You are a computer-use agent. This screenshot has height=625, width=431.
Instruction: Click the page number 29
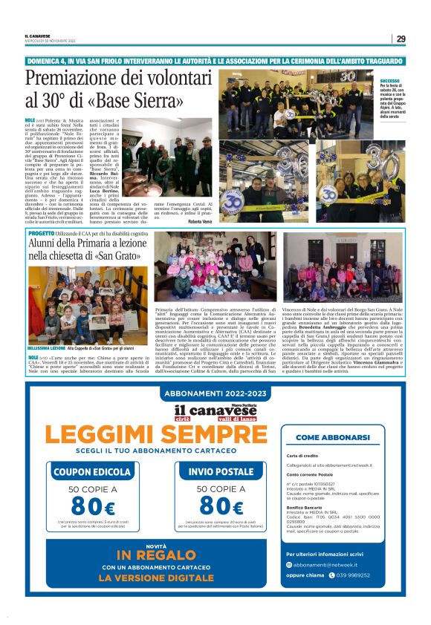point(401,39)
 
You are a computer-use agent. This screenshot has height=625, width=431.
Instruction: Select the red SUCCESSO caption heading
point(389,80)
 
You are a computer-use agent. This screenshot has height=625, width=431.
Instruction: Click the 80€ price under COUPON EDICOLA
point(91,508)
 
